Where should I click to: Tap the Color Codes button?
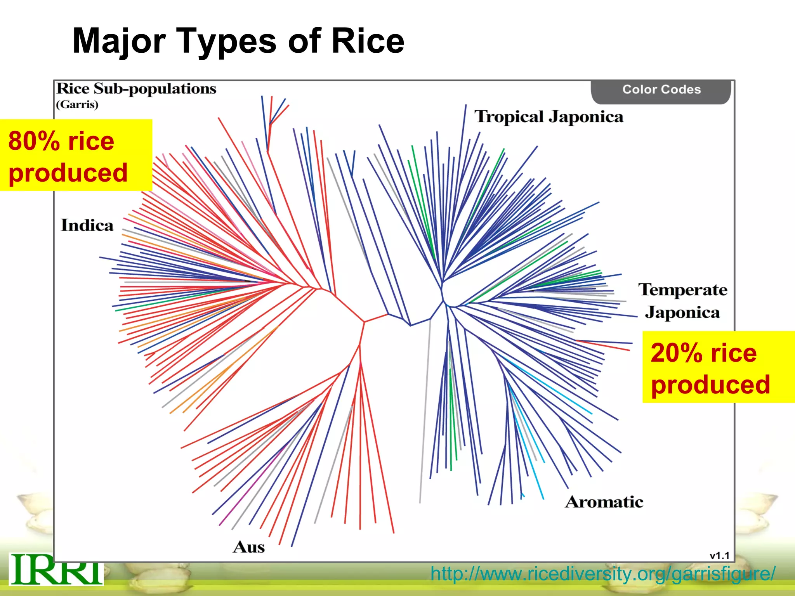click(661, 90)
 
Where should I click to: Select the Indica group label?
click(87, 225)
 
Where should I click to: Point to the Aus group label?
click(249, 547)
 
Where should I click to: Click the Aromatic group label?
click(604, 502)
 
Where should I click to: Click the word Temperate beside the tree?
click(683, 290)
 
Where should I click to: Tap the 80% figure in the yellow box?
click(34, 141)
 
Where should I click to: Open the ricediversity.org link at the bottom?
click(603, 574)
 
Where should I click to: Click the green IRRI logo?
click(56, 569)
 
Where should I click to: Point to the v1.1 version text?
click(719, 556)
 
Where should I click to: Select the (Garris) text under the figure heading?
click(77, 105)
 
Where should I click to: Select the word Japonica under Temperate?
click(682, 313)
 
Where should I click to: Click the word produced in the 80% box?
click(68, 173)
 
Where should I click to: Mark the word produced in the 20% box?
click(710, 385)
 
